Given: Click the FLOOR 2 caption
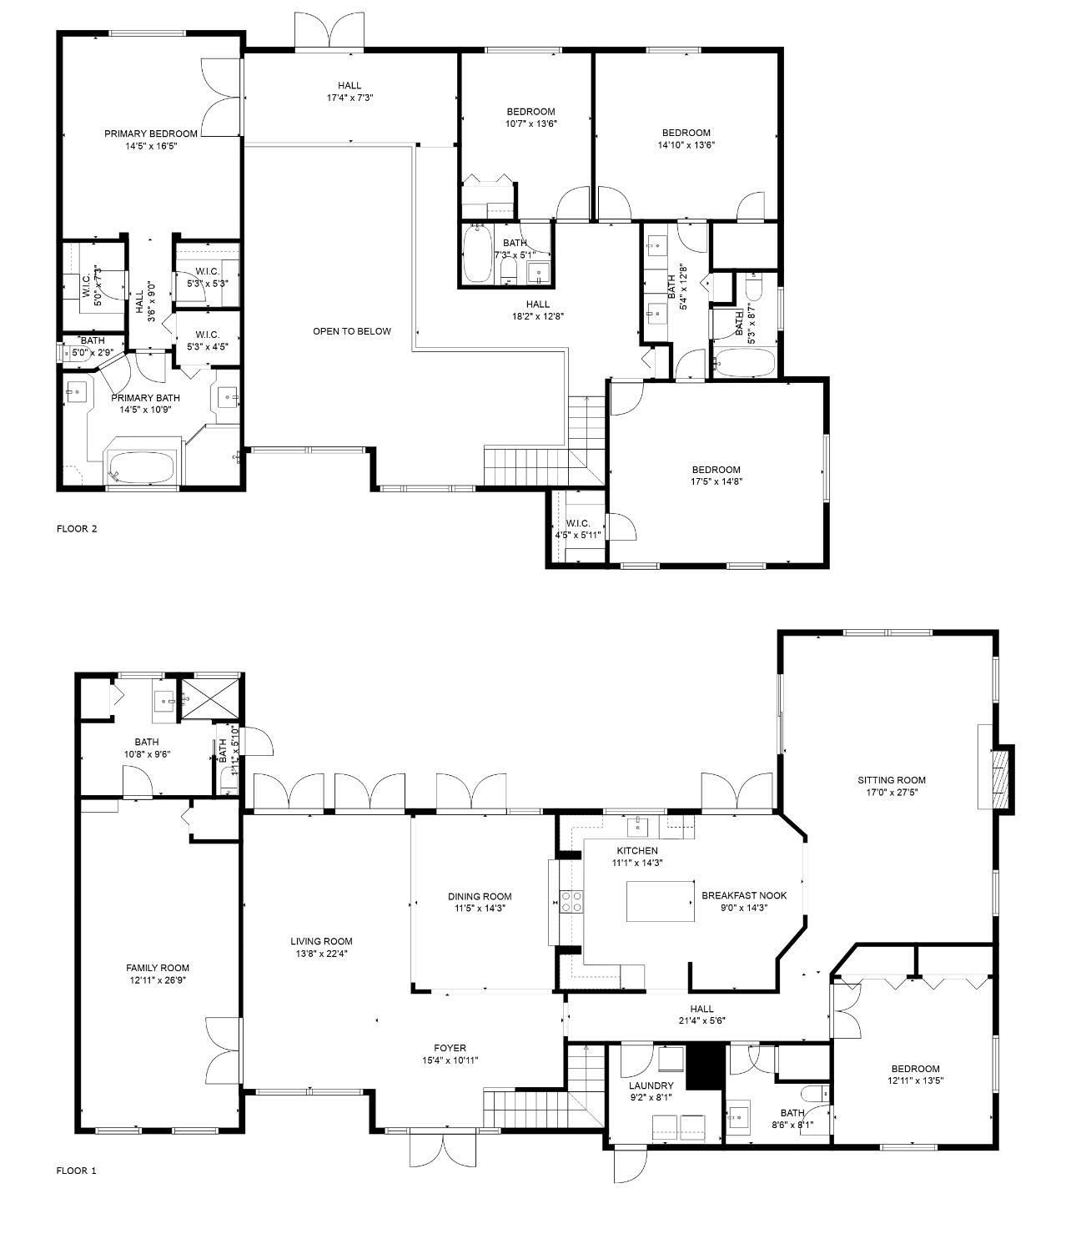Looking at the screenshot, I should (x=77, y=528).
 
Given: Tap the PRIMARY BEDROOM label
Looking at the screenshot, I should (x=151, y=133).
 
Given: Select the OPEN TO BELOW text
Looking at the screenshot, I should (x=351, y=331).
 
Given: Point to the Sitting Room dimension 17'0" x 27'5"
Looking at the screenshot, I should (x=891, y=793).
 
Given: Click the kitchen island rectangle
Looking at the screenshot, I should (x=661, y=901).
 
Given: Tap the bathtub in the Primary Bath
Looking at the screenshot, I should (x=141, y=467).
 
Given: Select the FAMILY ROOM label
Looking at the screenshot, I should (x=158, y=968).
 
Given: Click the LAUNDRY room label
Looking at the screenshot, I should (x=651, y=1085).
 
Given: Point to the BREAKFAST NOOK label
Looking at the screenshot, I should (x=744, y=895).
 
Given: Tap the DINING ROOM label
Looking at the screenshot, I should (x=480, y=897).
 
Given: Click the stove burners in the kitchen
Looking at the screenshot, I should (x=571, y=901).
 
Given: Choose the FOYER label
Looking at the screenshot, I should (x=450, y=1048).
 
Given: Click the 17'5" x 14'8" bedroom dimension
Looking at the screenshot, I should (x=716, y=481).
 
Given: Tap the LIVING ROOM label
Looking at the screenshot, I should (x=321, y=941).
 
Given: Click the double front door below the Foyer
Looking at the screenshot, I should (x=444, y=1151).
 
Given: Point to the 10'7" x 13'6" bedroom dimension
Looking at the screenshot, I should (x=531, y=123).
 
